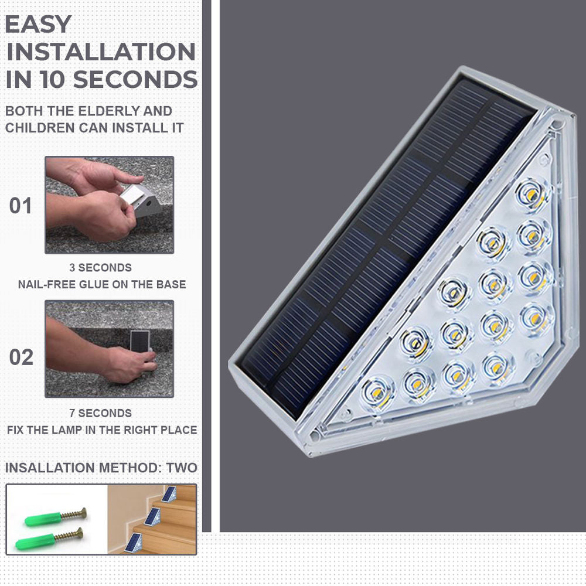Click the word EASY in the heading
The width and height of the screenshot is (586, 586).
pos(39,25)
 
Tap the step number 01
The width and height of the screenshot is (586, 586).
pos(21,206)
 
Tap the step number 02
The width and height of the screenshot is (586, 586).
pos(21,357)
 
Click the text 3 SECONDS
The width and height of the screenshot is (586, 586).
pos(100,268)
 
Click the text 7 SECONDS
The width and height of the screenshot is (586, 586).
pos(100,413)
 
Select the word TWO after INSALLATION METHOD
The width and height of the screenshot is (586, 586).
pos(182,468)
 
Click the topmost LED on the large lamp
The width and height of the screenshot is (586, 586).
pos(532,192)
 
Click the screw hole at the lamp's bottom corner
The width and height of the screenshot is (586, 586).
pos(315,436)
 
